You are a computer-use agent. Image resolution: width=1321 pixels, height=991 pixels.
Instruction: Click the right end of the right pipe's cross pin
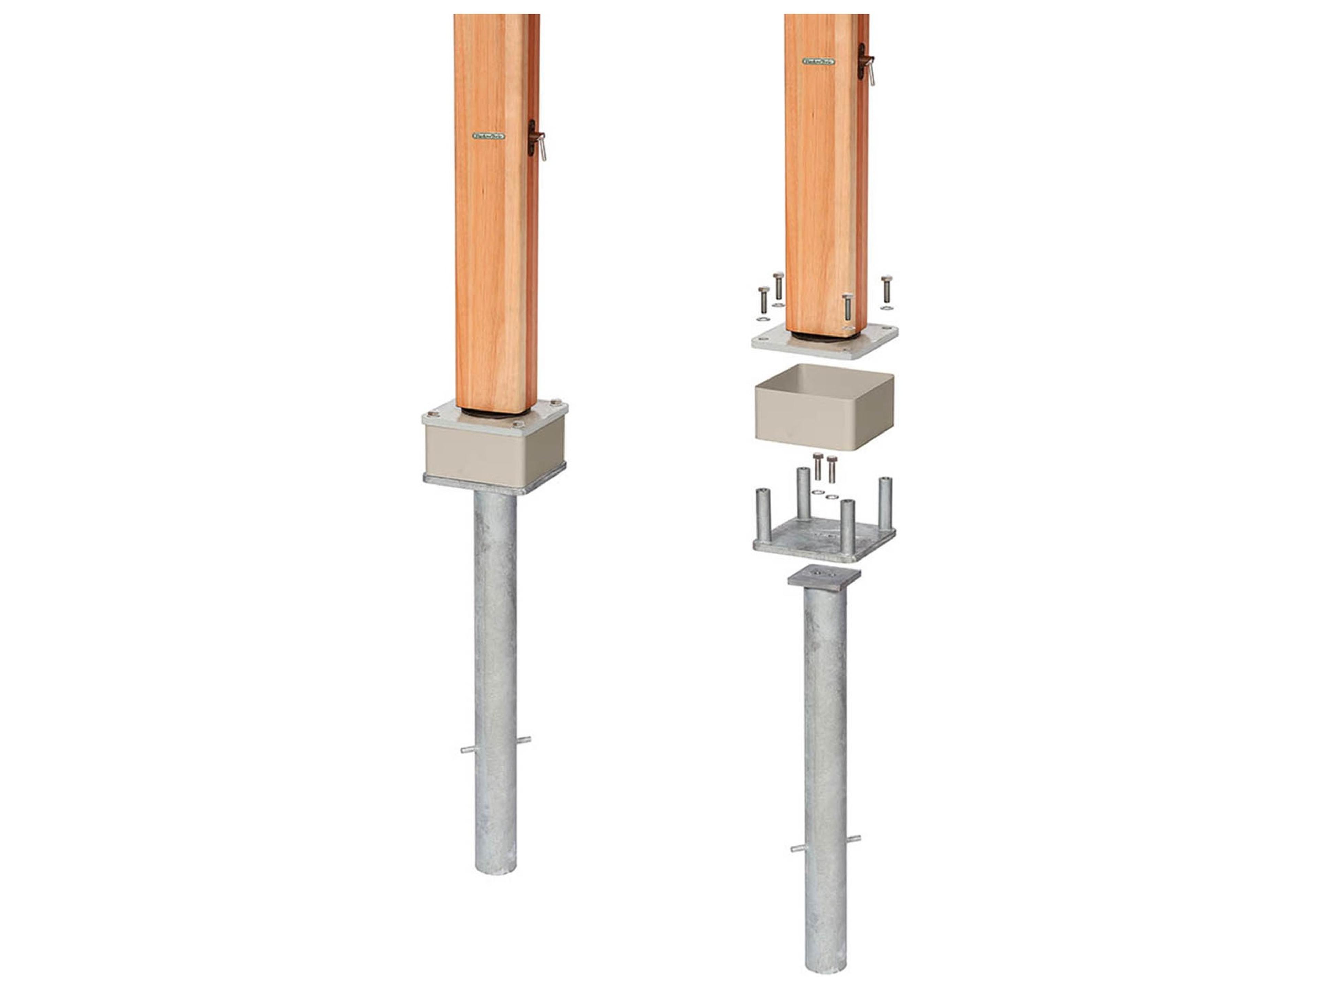(858, 839)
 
